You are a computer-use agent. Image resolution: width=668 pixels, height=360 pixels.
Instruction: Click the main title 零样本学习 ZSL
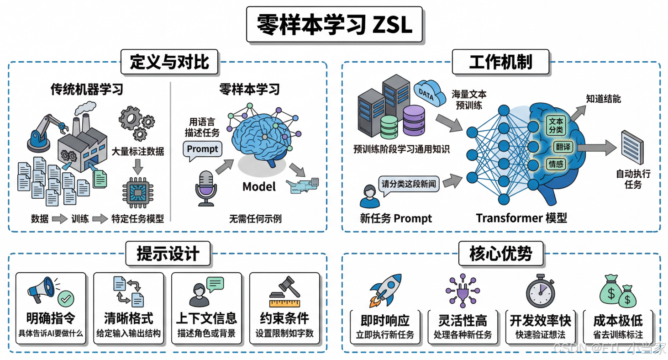pos(334,25)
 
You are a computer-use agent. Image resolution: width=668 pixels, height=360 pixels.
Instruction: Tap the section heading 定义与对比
pos(169,62)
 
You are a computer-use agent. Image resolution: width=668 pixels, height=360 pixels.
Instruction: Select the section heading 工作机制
pos(500,62)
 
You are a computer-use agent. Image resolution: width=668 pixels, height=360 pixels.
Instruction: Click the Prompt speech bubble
pos(203,149)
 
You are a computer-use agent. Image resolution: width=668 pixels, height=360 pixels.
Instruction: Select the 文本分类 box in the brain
pos(556,126)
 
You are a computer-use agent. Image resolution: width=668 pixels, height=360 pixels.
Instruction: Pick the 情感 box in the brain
pos(556,164)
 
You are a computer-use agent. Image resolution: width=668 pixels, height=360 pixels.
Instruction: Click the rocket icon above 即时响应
pos(385,291)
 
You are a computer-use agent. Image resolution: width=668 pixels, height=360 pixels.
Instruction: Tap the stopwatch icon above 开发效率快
pos(540,291)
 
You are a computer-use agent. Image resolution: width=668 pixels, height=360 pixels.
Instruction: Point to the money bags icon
pos(620,291)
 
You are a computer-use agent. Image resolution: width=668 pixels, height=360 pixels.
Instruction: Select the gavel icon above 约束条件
pos(284,291)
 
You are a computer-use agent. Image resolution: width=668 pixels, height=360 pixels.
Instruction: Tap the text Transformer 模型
pos(521,218)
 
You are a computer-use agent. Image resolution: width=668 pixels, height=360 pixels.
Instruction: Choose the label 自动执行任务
pos(633,179)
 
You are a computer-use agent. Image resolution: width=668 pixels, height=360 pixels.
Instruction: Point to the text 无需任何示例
pos(255,219)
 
